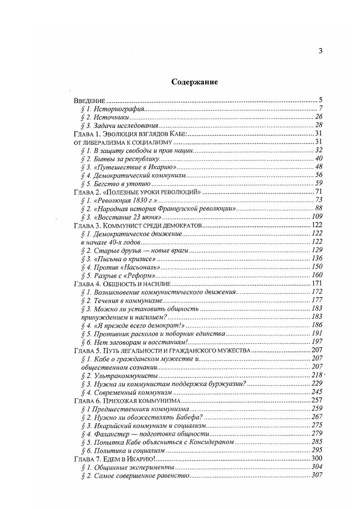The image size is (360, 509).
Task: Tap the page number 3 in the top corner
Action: pyautogui.click(x=320, y=51)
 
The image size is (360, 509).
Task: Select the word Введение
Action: pyautogui.click(x=89, y=100)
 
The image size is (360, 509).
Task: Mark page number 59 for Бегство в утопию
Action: pyautogui.click(x=318, y=184)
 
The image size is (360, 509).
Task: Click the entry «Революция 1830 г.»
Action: pyautogui.click(x=119, y=201)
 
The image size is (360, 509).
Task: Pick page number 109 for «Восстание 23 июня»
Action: pyautogui.click(x=316, y=217)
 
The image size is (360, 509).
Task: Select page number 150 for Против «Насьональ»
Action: pyautogui.click(x=316, y=267)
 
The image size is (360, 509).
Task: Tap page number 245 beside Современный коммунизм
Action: pyautogui.click(x=316, y=392)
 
